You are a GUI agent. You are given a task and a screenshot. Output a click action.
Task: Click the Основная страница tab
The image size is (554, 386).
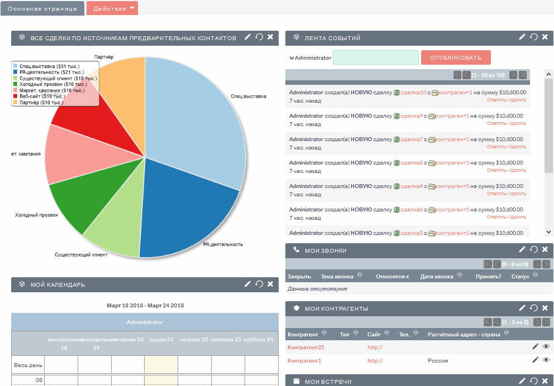pos(42,8)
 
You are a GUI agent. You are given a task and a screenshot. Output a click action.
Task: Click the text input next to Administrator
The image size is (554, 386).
pos(375,57)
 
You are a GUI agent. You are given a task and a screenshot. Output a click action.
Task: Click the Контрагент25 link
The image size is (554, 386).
pos(305,348)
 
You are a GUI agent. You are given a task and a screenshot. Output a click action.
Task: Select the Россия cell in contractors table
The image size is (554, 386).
pos(437,361)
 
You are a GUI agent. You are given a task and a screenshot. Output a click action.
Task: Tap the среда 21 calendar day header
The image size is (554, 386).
pos(161,339)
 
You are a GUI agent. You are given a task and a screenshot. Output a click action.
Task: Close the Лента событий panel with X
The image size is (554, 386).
pos(545,37)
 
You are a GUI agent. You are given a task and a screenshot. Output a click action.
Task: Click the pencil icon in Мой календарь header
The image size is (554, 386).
pos(248,284)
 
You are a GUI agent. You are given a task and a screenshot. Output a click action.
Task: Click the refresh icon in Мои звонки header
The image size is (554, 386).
pos(533,250)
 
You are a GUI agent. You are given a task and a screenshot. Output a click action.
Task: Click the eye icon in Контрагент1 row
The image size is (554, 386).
pos(546,360)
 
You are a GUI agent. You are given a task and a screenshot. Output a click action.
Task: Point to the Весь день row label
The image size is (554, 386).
pos(27,365)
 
